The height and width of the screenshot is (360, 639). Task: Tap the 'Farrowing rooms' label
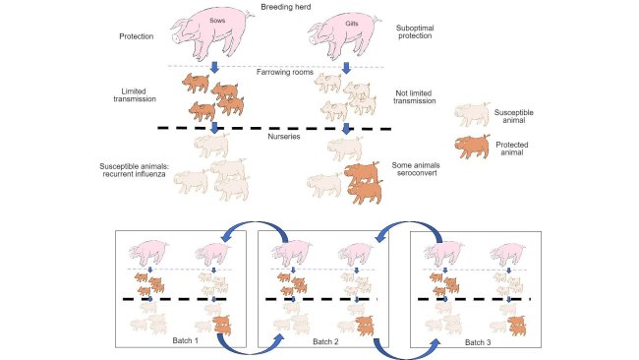279,73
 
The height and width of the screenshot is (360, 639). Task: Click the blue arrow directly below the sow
214,65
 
